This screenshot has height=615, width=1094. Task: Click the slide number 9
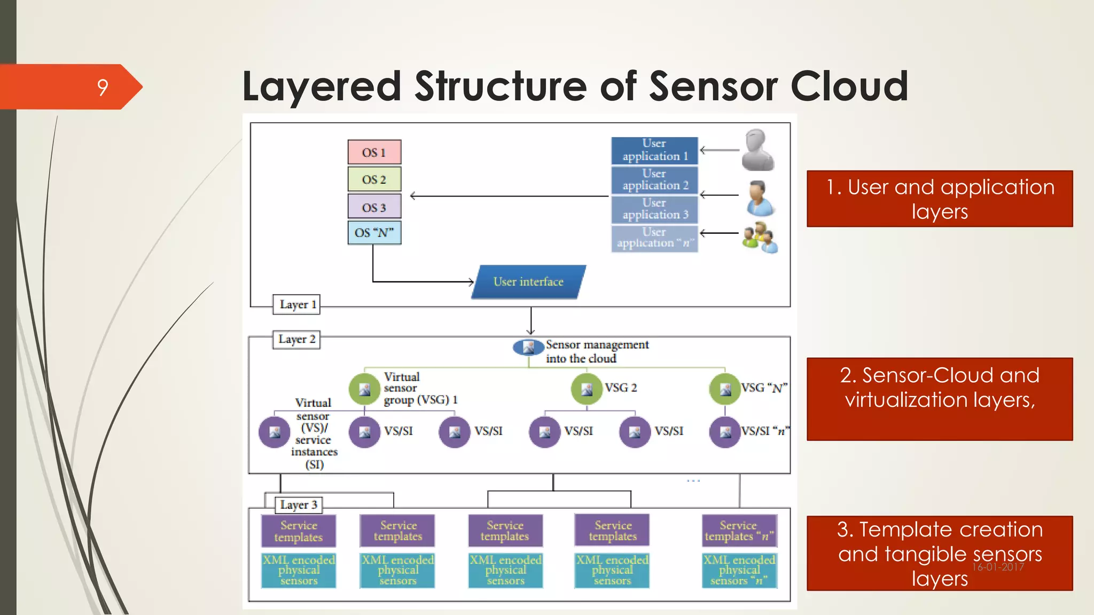point(103,87)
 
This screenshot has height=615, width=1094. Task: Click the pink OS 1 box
point(374,152)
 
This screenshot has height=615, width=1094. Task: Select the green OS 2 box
point(374,179)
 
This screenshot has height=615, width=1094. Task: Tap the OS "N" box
point(374,233)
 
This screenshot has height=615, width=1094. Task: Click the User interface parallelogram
point(528,282)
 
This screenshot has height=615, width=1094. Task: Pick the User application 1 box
point(654,150)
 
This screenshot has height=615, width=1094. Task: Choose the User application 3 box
point(654,209)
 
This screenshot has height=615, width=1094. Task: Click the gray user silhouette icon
point(757,150)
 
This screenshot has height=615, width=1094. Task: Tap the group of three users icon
point(759,238)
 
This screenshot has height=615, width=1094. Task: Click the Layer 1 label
point(297,305)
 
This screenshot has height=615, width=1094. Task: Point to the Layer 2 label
point(296,340)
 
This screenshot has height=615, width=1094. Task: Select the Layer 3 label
point(298,505)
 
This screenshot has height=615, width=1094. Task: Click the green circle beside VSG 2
point(587,389)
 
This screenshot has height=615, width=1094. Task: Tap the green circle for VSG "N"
point(725,389)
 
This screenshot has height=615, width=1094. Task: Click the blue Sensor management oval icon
point(528,348)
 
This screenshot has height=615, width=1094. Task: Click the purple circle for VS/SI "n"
point(725,432)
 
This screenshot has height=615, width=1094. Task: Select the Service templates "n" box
point(739,531)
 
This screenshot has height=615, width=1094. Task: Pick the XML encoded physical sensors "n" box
point(739,571)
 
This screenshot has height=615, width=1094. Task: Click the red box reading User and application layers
point(940,199)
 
